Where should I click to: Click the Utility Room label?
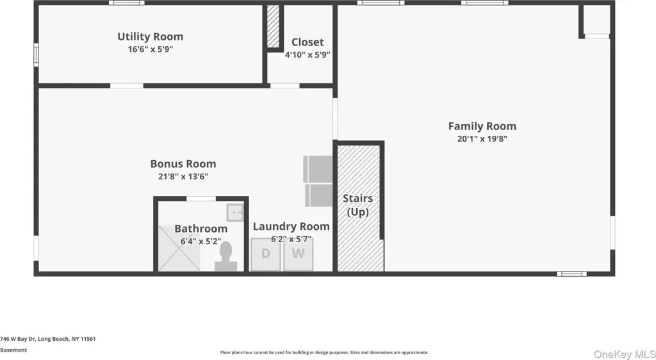[x=150, y=37]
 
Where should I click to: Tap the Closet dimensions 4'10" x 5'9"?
[x=308, y=55]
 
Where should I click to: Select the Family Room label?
[x=482, y=126]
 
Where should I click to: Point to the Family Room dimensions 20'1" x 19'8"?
[x=482, y=139]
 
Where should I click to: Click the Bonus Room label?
[x=183, y=164]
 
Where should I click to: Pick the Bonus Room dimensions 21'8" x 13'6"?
[x=183, y=176]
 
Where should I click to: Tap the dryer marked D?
[x=265, y=254]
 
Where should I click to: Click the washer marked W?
[x=298, y=254]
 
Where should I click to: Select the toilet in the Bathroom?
[x=226, y=256]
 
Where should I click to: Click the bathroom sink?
[x=234, y=213]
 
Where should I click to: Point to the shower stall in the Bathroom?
[x=179, y=248]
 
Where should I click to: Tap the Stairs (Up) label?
[x=357, y=205]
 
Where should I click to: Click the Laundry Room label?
[x=291, y=227]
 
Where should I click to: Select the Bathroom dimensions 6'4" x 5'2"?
[x=201, y=241]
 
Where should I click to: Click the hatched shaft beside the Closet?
[x=273, y=26]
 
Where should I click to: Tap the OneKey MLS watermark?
[x=625, y=354]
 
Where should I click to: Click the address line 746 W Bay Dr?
[x=47, y=339]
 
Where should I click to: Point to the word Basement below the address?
[x=13, y=350]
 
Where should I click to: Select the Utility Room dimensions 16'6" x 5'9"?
[x=150, y=49]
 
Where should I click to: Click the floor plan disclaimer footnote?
[x=324, y=352]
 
